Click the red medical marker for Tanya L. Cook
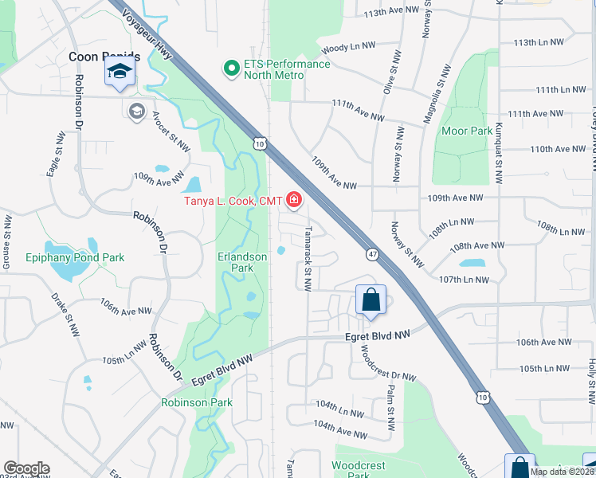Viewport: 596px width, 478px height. pos(295,200)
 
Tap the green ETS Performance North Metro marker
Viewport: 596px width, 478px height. pos(231,69)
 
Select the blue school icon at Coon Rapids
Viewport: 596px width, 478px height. pos(120,73)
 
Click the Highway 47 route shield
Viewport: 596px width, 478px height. pos(372,254)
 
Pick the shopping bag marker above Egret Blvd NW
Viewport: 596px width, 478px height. pos(371,300)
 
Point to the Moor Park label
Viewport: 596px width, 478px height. pos(467,131)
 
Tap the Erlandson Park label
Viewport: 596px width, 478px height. pos(247,262)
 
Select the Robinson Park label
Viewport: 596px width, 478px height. pos(198,402)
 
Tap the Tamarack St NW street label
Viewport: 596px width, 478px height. pos(307,258)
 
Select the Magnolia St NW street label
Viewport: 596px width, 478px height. pos(437,83)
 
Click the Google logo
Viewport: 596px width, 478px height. pos(26,468)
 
